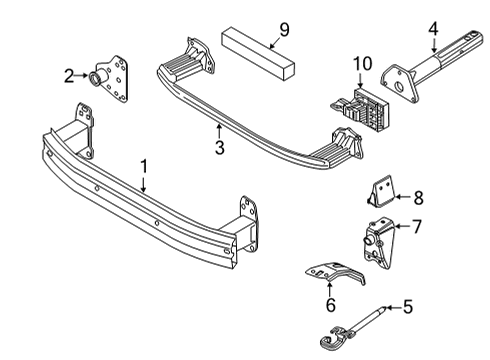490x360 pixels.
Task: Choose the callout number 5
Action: [x=407, y=307]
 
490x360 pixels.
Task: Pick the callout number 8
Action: [x=418, y=197]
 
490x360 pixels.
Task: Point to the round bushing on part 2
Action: [x=98, y=78]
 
